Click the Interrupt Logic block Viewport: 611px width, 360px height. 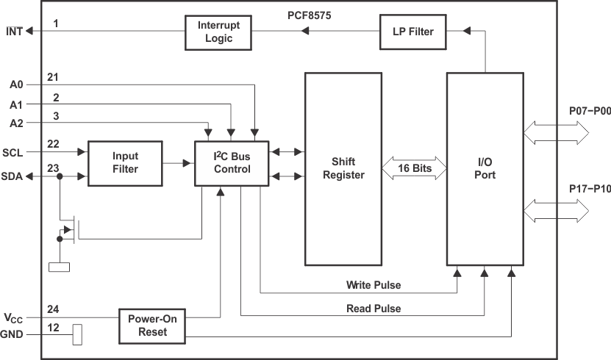point(213,32)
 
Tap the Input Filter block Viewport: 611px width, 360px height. point(125,163)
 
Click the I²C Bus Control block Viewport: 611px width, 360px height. point(232,163)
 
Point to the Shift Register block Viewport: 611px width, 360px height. point(343,168)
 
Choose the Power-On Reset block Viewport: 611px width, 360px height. point(152,325)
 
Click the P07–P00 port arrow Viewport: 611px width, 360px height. point(556,132)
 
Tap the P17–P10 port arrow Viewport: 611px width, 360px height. point(556,212)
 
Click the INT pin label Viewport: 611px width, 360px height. point(14,31)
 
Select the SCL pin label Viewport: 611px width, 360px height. point(13,152)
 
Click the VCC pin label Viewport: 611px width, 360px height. point(13,318)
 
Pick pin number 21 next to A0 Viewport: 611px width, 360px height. point(53,77)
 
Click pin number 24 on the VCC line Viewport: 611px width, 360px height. point(53,309)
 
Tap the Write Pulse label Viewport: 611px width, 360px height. point(374,284)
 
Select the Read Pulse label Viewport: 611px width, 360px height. point(374,309)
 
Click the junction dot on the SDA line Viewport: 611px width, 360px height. point(60,176)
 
